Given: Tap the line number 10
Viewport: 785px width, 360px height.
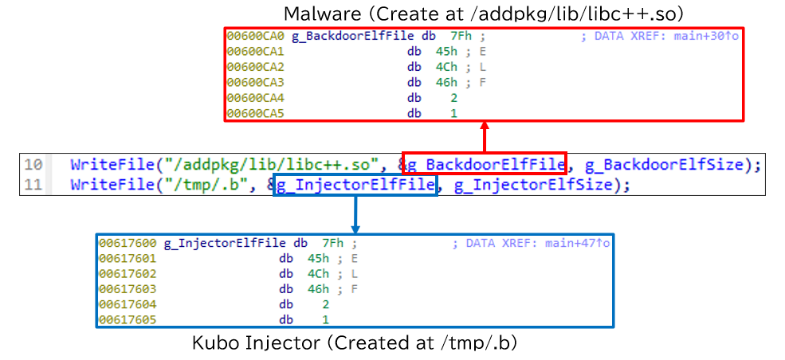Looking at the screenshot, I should (33, 165).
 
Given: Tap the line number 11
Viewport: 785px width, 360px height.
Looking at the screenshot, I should (33, 185).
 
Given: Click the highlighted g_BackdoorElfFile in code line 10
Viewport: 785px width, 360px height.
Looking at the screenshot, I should (485, 165).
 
